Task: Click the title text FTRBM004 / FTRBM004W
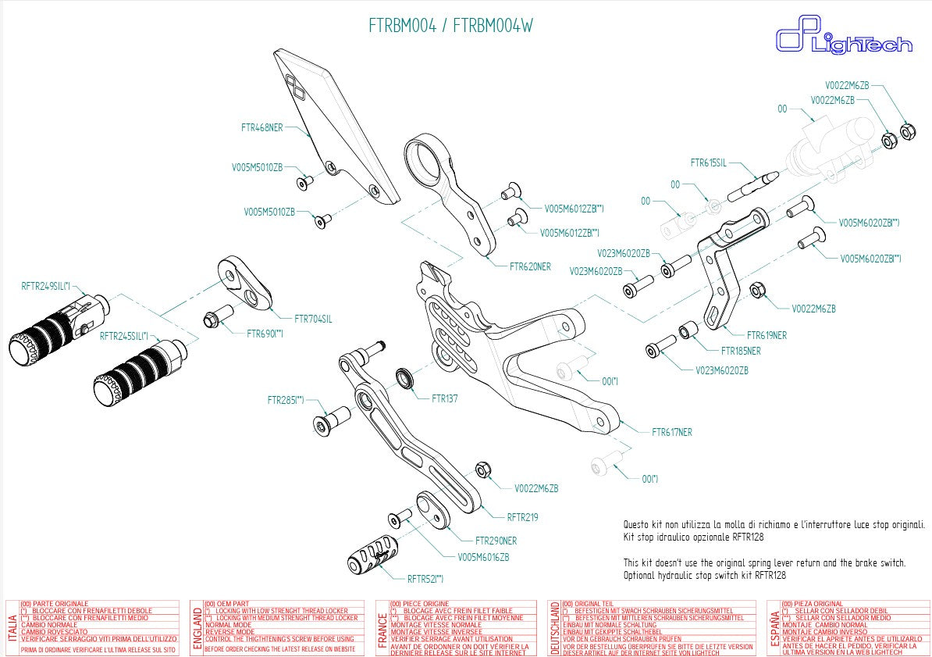pyautogui.click(x=450, y=26)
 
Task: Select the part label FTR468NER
pyautogui.click(x=261, y=127)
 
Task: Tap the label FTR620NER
pyautogui.click(x=530, y=266)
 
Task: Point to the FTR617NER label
pyautogui.click(x=671, y=432)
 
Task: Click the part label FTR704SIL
pyautogui.click(x=313, y=319)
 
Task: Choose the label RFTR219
pyautogui.click(x=522, y=517)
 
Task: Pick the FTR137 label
pyautogui.click(x=445, y=398)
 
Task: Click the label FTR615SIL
pyautogui.click(x=708, y=163)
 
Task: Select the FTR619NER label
pyautogui.click(x=767, y=335)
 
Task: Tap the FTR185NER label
pyautogui.click(x=741, y=352)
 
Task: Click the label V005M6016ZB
pyautogui.click(x=483, y=557)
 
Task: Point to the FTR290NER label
pyautogui.click(x=496, y=541)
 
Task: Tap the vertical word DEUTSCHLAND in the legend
pyautogui.click(x=554, y=628)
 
